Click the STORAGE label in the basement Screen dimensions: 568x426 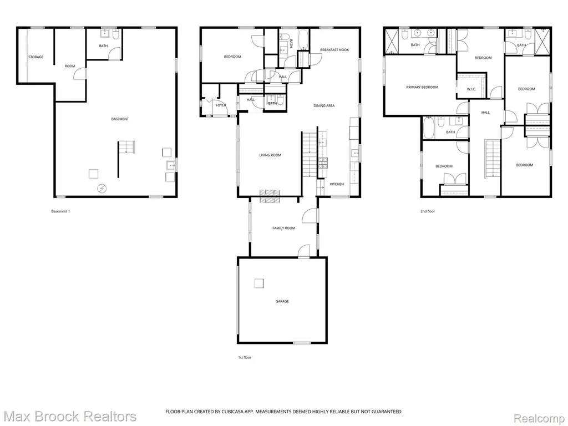tap(36, 57)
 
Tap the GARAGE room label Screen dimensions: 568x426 tap(282, 301)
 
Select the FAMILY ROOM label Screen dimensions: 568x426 tap(283, 228)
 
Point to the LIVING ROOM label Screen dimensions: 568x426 tap(270, 155)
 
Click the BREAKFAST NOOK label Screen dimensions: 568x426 tap(334, 49)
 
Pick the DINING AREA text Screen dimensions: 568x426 tap(324, 106)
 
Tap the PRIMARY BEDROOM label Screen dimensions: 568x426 tap(422, 87)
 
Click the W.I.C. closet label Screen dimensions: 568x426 tap(471, 89)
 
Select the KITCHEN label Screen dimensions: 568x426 tap(337, 184)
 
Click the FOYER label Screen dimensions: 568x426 tap(221, 105)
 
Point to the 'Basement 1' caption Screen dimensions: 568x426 tap(60, 211)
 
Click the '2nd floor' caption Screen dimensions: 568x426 tap(428, 211)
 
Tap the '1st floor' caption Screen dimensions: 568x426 tap(245, 358)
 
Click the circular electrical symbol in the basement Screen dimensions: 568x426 tap(103, 188)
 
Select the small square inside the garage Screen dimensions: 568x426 tap(259, 283)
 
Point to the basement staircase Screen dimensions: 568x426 tap(126, 147)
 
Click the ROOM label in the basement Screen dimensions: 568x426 tap(70, 66)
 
